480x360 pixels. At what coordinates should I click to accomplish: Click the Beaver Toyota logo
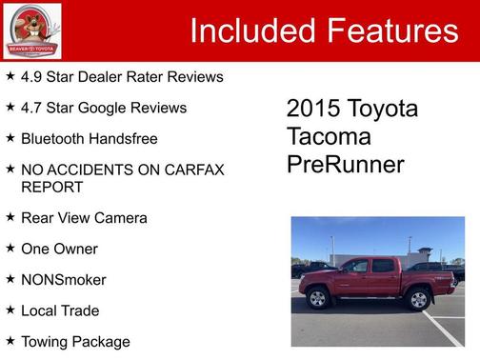coord(31,30)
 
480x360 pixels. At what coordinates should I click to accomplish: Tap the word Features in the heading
coord(393,30)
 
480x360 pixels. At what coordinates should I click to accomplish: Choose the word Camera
coord(121,218)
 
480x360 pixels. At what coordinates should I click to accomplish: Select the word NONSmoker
coord(63,280)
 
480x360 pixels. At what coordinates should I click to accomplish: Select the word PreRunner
coord(345,165)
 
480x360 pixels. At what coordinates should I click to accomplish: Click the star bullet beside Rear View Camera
coord(10,218)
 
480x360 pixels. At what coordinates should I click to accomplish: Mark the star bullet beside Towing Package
coord(10,341)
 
